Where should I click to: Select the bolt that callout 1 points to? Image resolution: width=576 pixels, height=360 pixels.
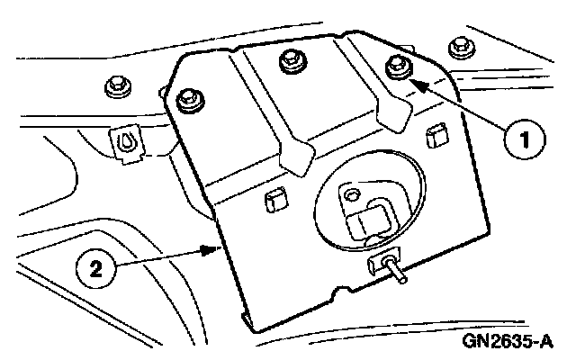point(395,67)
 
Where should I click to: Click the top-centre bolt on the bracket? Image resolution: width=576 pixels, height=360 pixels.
point(290,61)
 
